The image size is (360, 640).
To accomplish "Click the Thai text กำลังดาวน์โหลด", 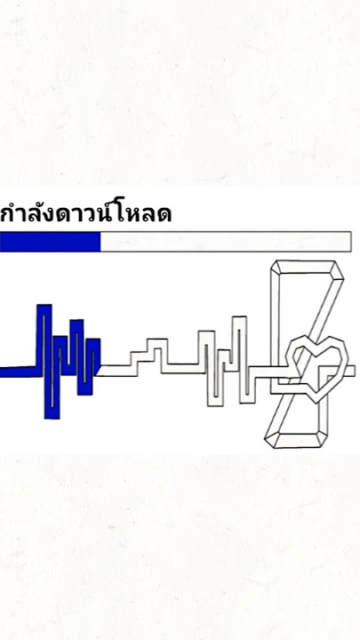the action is tap(85, 212).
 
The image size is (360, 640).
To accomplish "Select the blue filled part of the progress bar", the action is tap(50, 242).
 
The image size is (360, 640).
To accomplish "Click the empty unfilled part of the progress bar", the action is tap(226, 242).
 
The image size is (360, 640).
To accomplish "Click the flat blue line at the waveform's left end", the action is tap(19, 372).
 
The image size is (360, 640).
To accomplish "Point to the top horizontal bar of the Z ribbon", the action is tap(307, 267).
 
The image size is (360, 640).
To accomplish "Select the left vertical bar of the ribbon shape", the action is tap(276, 326).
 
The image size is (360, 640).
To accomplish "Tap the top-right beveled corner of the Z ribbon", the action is tap(337, 270).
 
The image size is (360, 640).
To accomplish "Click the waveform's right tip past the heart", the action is tap(355, 371).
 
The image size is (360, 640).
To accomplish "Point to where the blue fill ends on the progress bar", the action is tap(100, 242).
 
